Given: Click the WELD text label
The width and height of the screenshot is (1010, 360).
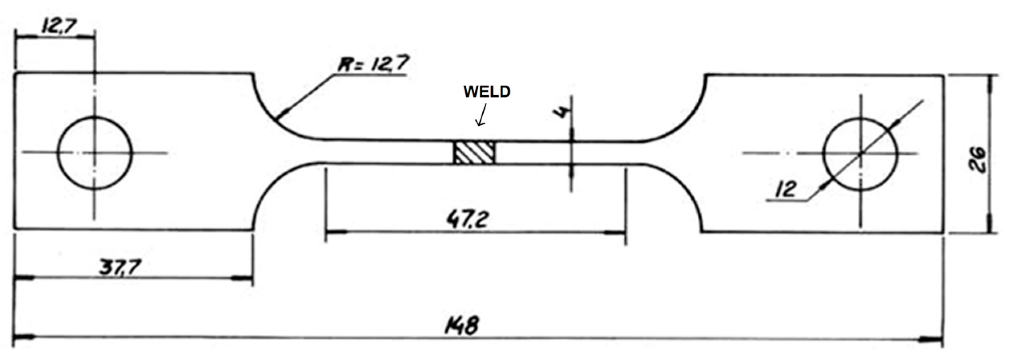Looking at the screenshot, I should pos(487,92).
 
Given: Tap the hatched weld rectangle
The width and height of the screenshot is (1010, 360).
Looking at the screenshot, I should pos(474,153).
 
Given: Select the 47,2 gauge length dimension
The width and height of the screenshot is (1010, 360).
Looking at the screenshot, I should pos(467,219).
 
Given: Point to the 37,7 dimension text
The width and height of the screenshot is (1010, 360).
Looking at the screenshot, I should pos(120,267).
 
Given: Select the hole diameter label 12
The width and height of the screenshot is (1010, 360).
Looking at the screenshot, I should pos(786,189).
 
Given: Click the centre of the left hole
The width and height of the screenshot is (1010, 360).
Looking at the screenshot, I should pos(94,153).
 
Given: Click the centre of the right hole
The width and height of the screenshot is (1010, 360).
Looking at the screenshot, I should pos(860,154).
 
